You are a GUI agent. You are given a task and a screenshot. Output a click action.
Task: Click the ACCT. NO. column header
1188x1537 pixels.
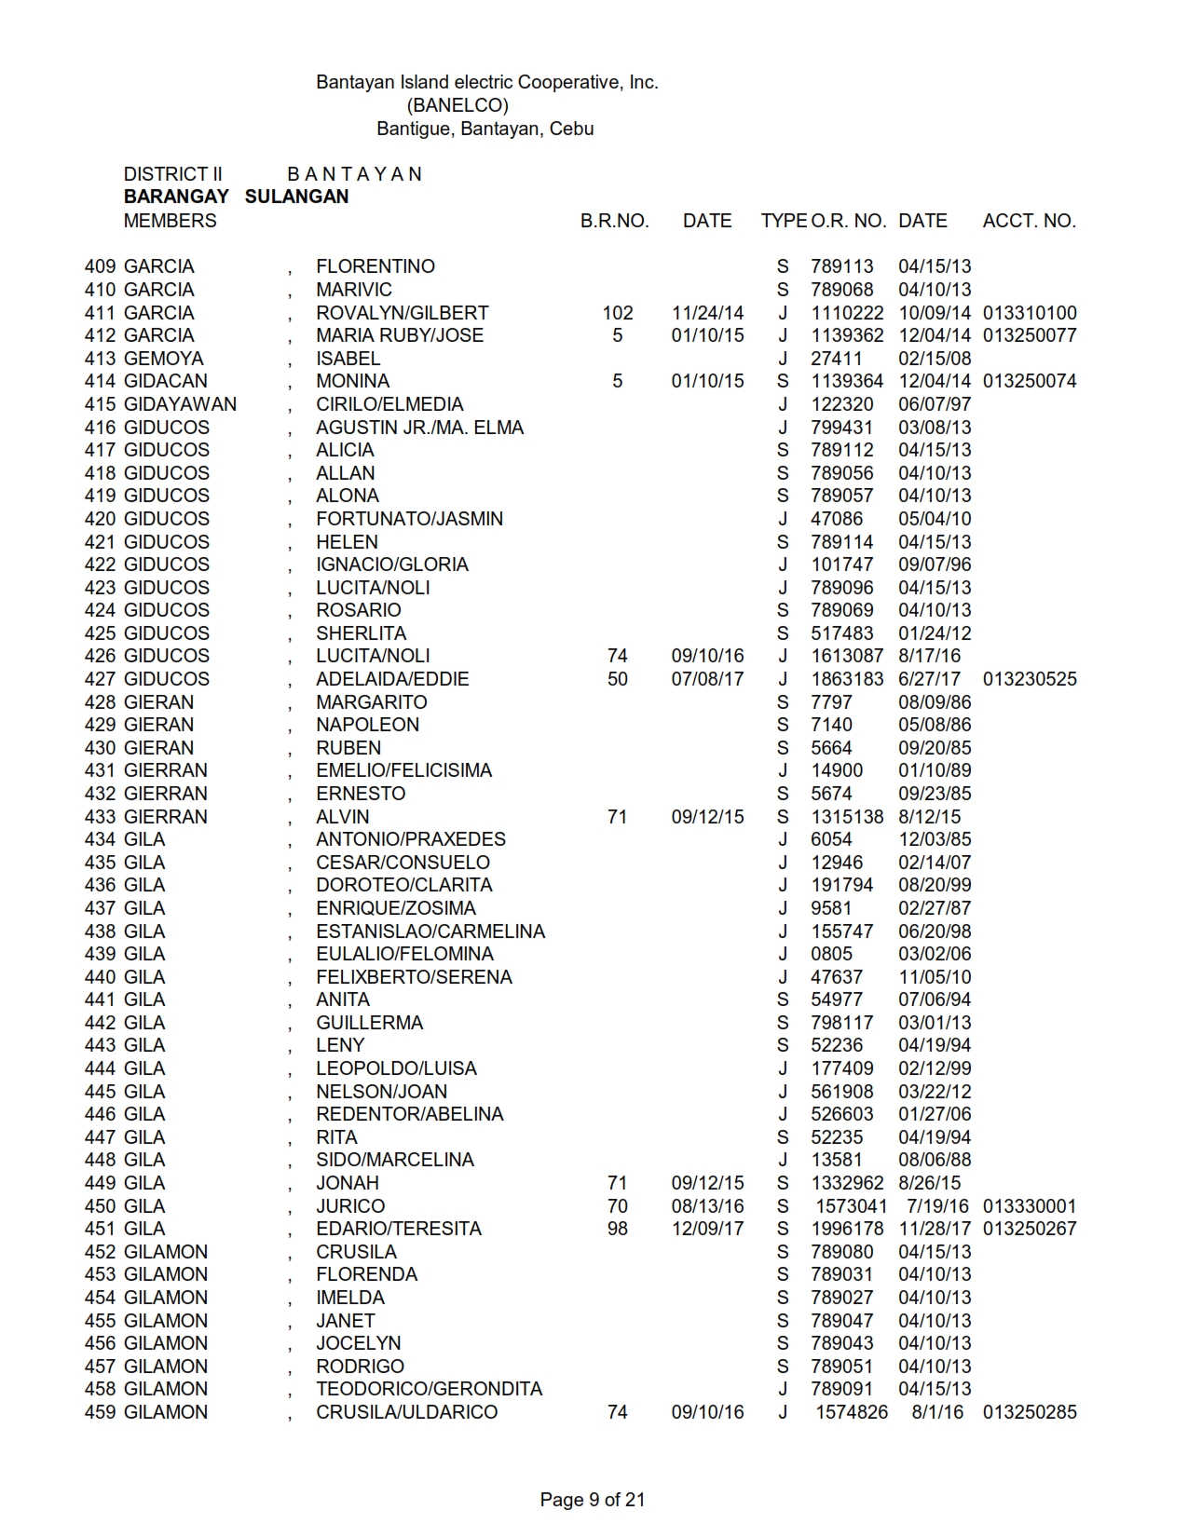coord(1029,221)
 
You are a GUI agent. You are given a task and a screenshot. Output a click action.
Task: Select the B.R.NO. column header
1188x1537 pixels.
coord(614,221)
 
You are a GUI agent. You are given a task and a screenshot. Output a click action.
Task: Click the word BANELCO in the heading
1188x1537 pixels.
coord(457,105)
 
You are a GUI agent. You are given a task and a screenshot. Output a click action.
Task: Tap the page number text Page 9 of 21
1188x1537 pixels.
coord(593,1500)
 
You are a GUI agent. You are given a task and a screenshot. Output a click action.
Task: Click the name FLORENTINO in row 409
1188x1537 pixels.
coord(376,266)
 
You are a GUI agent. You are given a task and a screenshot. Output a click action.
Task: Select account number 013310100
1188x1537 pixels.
coord(1030,313)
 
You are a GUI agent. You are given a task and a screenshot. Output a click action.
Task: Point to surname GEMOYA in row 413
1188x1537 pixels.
coord(163,359)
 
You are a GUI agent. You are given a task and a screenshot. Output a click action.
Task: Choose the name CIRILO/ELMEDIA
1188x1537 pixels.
coord(389,404)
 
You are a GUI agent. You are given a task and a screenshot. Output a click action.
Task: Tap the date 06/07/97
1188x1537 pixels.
coord(935,404)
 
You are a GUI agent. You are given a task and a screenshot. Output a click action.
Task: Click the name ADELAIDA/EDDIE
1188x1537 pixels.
coord(392,679)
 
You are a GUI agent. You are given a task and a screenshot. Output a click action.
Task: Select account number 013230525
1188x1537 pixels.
coord(1030,679)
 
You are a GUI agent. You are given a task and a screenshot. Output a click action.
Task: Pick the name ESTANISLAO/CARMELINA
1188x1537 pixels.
coord(430,932)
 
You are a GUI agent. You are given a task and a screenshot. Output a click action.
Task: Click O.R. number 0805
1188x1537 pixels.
coord(831,954)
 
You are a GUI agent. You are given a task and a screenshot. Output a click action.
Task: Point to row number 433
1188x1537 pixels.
coord(100,817)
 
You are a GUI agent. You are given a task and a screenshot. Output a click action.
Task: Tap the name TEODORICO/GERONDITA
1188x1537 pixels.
coord(429,1389)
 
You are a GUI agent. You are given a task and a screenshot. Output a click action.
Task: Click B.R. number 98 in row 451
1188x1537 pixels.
coord(617,1229)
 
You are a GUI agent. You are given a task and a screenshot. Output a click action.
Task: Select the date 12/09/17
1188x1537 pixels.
coord(707,1229)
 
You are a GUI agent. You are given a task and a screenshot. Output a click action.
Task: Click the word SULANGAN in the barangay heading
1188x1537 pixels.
coord(296,197)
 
